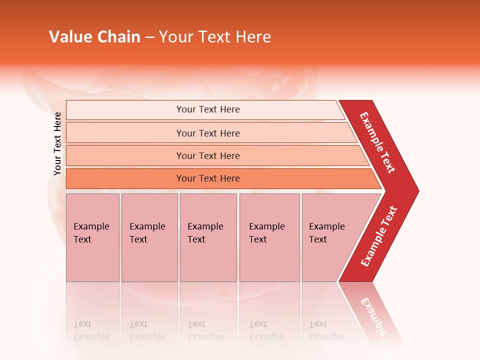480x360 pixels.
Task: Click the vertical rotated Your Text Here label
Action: (x=57, y=143)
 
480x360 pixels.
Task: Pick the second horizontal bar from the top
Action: (x=207, y=133)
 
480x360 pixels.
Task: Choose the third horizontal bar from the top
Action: (x=207, y=155)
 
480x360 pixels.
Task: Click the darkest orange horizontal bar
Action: (x=207, y=178)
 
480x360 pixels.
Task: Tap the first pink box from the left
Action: (x=92, y=237)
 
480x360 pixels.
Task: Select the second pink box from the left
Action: (x=149, y=237)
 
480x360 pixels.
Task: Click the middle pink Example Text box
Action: (x=208, y=237)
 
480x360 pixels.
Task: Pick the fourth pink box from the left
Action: (x=269, y=237)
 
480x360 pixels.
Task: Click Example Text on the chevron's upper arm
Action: (x=377, y=142)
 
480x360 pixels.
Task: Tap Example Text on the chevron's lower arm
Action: (x=379, y=236)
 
